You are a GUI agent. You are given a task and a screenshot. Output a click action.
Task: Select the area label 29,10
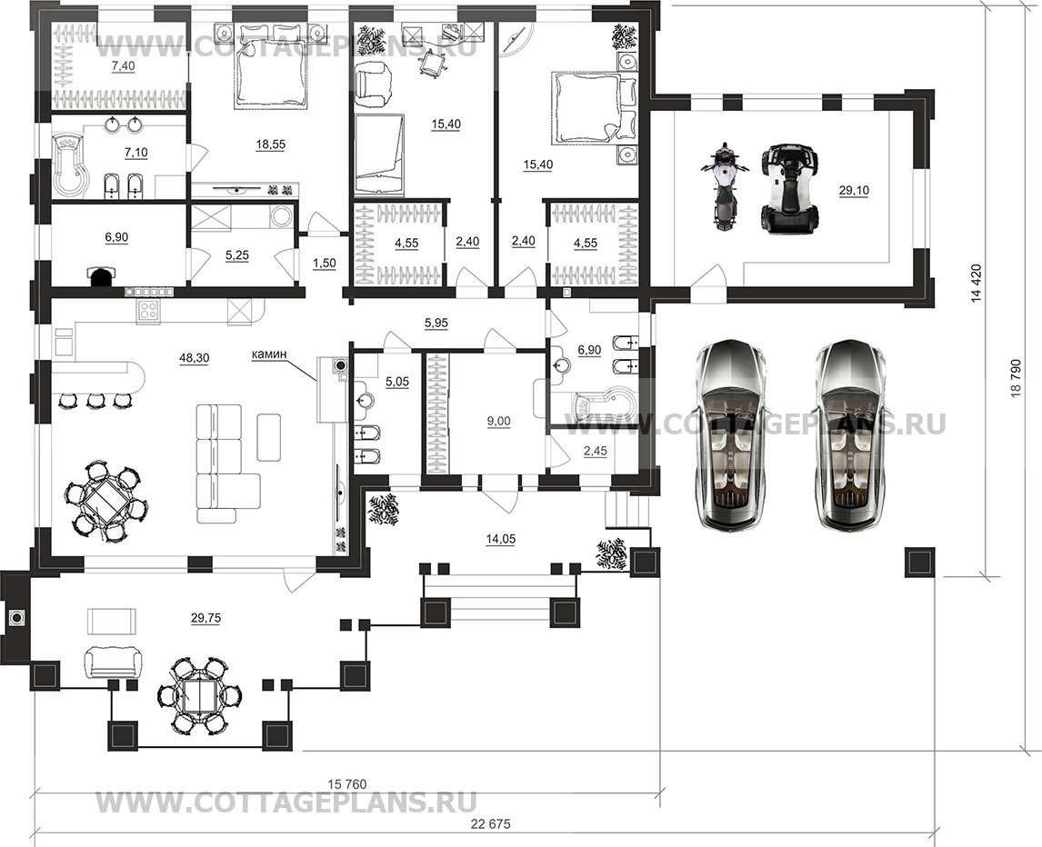pyautogui.click(x=854, y=191)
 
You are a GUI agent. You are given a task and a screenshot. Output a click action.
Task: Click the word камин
pyautogui.click(x=269, y=354)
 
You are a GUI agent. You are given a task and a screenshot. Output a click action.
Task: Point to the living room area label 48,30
pyautogui.click(x=194, y=358)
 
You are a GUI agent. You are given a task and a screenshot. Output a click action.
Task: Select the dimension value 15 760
pyautogui.click(x=347, y=784)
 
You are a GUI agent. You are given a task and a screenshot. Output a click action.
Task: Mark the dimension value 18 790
pyautogui.click(x=1015, y=378)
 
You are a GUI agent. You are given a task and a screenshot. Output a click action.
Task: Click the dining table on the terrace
pyautogui.click(x=200, y=696)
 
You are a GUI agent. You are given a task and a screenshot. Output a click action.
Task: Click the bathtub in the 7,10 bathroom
pyautogui.click(x=70, y=166)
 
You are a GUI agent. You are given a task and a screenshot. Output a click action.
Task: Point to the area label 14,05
pyautogui.click(x=500, y=540)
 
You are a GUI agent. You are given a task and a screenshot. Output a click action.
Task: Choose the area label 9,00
pyautogui.click(x=498, y=421)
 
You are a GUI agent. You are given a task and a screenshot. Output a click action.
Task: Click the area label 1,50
pyautogui.click(x=325, y=263)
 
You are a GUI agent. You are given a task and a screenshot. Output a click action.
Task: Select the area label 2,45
pyautogui.click(x=595, y=451)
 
